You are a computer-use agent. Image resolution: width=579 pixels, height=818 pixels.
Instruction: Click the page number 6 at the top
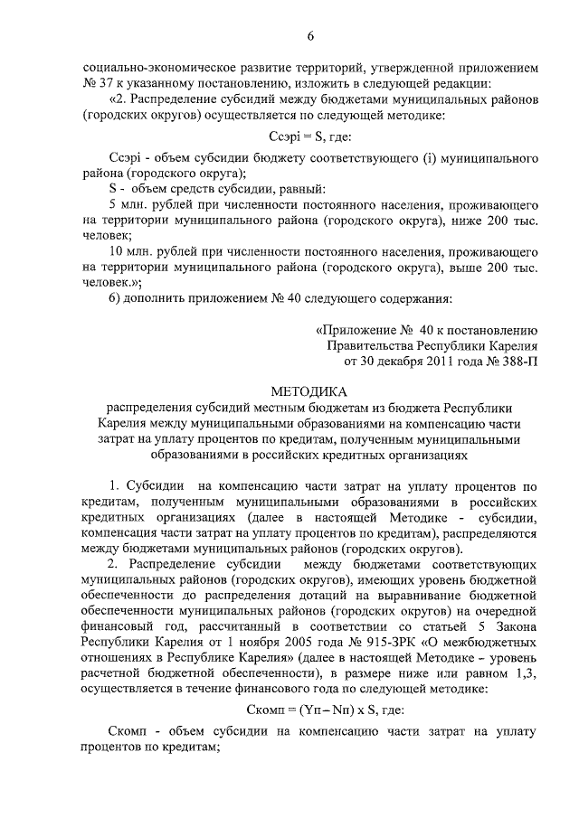[309, 36]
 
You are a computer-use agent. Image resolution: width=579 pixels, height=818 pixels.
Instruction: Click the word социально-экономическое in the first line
[155, 67]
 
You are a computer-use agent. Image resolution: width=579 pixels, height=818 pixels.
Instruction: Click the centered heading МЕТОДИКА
[309, 391]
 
